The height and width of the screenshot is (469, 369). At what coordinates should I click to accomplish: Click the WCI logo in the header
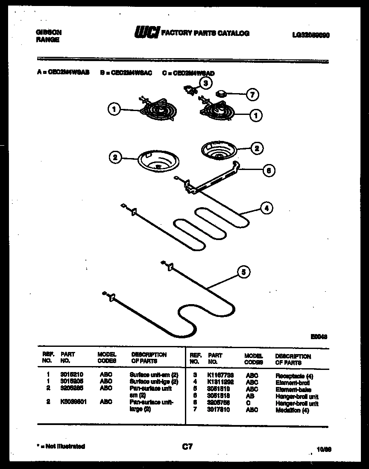tap(147, 33)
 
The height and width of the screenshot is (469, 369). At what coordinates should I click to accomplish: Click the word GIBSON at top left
tap(47, 32)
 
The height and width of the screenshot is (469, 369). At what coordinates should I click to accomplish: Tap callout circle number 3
tap(206, 83)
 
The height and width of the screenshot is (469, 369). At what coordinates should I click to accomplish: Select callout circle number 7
tap(253, 95)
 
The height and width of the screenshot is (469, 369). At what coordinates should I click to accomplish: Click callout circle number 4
tap(266, 208)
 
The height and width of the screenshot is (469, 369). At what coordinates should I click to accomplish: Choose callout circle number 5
tap(243, 272)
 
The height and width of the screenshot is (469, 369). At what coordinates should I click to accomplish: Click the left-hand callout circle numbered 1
tap(114, 110)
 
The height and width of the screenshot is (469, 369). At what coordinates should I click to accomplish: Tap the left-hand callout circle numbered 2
tap(114, 157)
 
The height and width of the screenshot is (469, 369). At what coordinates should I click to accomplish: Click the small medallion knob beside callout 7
tap(221, 94)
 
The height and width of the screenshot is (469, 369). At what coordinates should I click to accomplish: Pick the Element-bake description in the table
tap(293, 390)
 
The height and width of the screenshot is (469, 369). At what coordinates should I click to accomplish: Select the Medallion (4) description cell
tap(293, 410)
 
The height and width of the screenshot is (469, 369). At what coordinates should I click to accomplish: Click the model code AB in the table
tap(250, 397)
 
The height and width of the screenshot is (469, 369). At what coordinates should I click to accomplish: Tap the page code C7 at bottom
tap(187, 447)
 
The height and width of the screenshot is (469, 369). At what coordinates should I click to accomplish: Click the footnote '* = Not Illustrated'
tap(61, 446)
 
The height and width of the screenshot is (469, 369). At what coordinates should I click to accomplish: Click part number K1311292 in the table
tap(220, 383)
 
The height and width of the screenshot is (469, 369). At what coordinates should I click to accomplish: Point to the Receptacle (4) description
tap(294, 376)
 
